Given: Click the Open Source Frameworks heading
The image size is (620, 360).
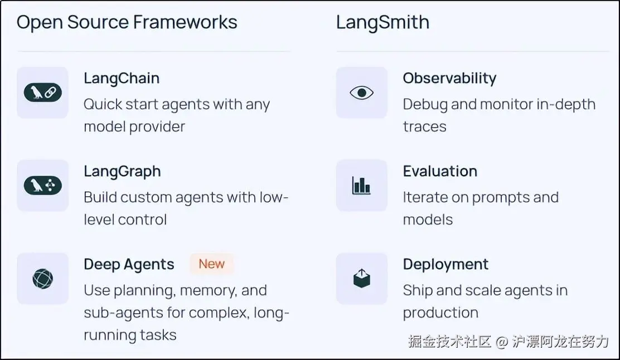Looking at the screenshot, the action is (127, 22).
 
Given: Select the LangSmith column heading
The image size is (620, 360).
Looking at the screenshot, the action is (382, 22).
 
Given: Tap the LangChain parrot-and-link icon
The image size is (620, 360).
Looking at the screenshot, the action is (43, 93).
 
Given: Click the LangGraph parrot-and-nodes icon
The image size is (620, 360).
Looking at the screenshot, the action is (43, 186).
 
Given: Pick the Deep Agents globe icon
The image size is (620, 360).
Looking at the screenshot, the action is (43, 279).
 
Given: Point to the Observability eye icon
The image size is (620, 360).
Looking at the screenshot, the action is (361, 93).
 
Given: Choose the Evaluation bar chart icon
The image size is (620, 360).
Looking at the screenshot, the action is (361, 186).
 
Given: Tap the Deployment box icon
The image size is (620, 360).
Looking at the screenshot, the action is (361, 278).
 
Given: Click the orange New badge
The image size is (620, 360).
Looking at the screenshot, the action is (211, 264).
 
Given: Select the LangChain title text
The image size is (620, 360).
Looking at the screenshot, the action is (122, 78).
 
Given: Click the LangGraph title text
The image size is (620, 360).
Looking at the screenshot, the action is (123, 172).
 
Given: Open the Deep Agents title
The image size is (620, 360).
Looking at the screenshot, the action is (129, 264).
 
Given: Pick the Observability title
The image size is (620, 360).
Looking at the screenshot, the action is (449, 78).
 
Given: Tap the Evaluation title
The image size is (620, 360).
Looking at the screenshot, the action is (440, 171).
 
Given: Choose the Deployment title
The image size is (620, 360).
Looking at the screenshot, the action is (445, 264).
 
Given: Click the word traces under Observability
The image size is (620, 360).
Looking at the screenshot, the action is (425, 127).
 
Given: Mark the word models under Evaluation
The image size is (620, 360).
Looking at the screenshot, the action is (428, 220).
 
